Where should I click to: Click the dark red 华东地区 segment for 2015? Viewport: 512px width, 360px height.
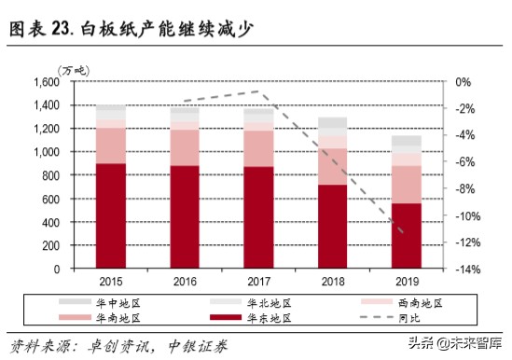click(x=112, y=215)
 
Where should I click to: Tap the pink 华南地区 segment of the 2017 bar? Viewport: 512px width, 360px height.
click(x=258, y=148)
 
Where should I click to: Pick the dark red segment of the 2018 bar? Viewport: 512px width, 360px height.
click(x=332, y=226)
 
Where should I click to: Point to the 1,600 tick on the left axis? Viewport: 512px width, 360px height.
click(x=47, y=82)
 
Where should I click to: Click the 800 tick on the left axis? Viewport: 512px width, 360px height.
click(x=52, y=175)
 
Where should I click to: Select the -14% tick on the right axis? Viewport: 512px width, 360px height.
click(x=468, y=270)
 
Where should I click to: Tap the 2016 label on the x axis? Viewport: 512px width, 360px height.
click(x=185, y=282)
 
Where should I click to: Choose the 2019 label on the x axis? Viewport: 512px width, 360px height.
click(x=406, y=282)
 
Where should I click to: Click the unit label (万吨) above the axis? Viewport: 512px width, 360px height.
click(x=72, y=70)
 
